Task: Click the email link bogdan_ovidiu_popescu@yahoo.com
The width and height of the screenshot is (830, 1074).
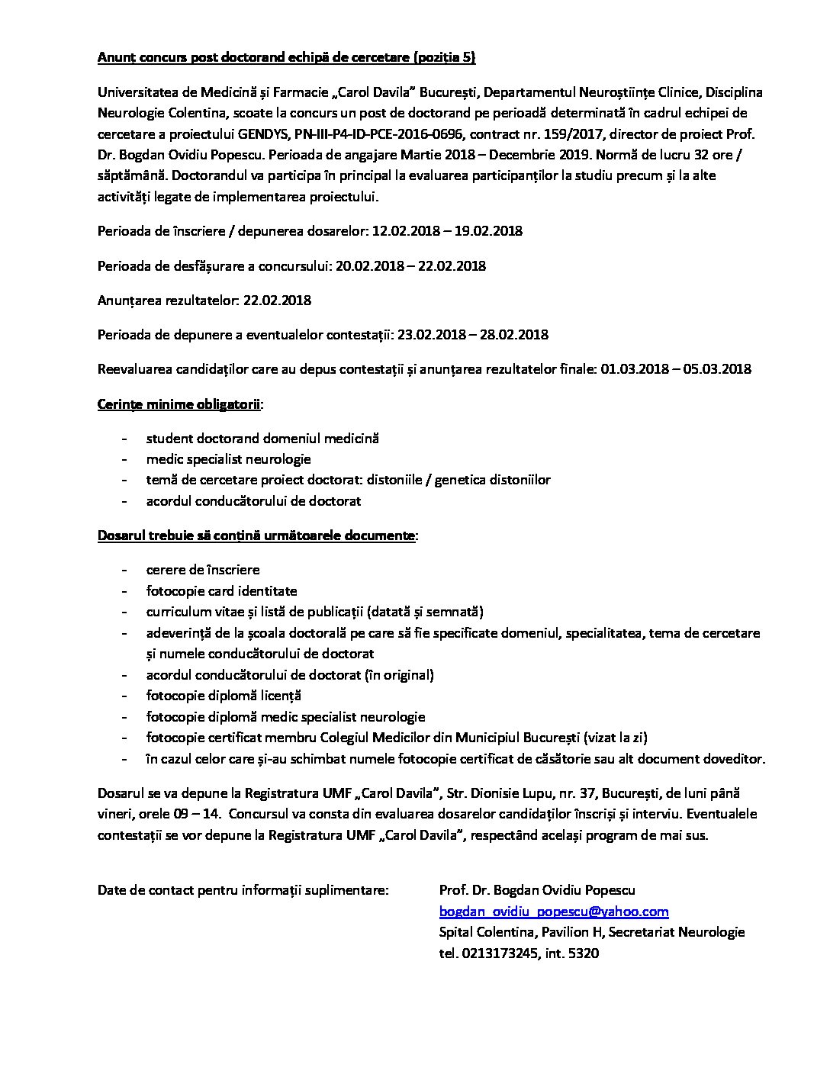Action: [x=554, y=912]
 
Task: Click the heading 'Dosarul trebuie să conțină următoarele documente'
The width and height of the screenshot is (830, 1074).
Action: [x=256, y=535]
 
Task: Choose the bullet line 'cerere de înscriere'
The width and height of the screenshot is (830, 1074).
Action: [x=203, y=570]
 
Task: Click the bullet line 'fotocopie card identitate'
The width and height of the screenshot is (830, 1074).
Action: [x=221, y=591]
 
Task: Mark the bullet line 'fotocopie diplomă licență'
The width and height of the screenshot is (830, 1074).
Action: [x=224, y=696]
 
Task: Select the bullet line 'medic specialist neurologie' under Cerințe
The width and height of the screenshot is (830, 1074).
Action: [x=228, y=459]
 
